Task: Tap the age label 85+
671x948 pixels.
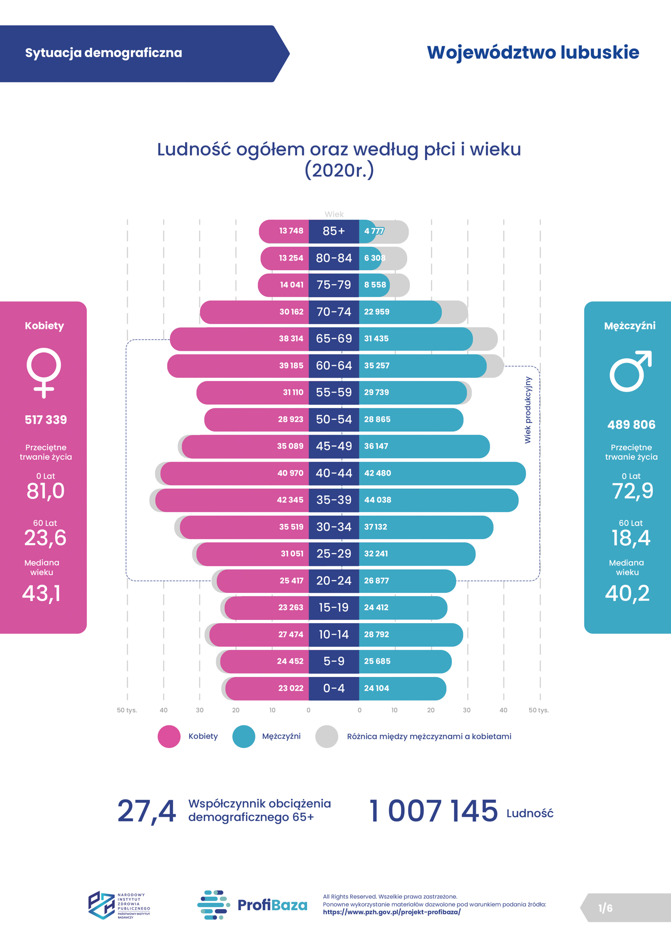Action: [x=334, y=231]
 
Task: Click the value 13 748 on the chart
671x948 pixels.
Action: [x=291, y=231]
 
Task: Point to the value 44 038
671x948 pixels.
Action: [x=378, y=500]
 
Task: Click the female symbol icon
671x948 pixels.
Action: [x=44, y=373]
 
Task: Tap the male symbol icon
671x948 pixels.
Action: [x=630, y=372]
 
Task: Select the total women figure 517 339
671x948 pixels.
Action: [x=46, y=420]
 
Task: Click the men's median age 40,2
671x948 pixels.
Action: [x=627, y=593]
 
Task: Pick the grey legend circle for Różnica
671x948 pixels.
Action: [x=326, y=737]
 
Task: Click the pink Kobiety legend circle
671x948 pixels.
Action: [x=169, y=737]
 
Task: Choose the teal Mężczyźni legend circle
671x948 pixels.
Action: [x=243, y=737]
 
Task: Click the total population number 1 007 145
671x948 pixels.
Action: [x=433, y=811]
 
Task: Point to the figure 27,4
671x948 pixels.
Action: [x=147, y=811]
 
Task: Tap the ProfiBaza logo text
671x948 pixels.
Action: [x=272, y=905]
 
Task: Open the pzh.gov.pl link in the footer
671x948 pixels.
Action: [x=391, y=912]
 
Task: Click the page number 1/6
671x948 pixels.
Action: [x=605, y=908]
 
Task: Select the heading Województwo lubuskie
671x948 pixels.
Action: [x=533, y=53]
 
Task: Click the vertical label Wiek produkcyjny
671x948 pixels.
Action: [x=528, y=410]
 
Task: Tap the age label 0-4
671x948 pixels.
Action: [x=334, y=688]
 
